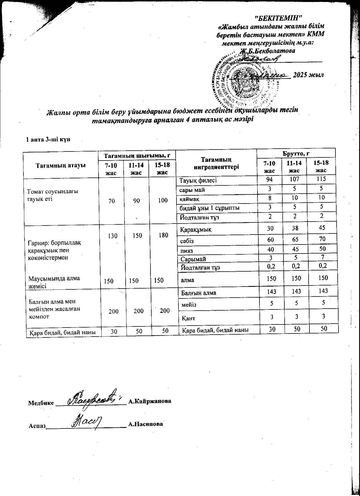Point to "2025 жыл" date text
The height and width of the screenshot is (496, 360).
pos(308,75)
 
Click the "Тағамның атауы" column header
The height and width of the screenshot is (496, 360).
pos(61,165)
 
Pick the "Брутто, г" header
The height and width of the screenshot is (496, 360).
pos(296,153)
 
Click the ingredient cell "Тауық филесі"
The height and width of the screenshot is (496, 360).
pos(198,180)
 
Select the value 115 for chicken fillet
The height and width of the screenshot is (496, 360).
pos(321,179)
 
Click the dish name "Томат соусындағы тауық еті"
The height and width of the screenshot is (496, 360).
pos(53,195)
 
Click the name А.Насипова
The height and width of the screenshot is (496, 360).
pos(146,424)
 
